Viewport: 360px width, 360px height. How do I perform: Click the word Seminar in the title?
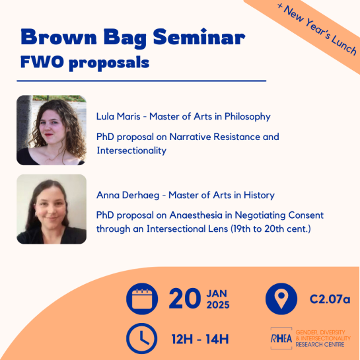(199, 37)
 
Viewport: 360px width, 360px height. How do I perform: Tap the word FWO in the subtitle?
(42, 61)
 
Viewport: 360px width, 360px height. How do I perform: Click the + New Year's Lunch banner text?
(317, 29)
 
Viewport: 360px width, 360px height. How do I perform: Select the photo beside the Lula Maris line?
(52, 130)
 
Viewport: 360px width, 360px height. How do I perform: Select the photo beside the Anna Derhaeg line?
(52, 209)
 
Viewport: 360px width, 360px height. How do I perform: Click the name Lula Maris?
(118, 116)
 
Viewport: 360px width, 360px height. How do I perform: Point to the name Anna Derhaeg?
(127, 195)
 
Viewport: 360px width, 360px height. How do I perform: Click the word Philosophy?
(247, 117)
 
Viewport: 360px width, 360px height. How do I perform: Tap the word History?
(259, 196)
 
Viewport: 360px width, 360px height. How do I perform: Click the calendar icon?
(142, 299)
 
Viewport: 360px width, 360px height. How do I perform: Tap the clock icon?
(142, 338)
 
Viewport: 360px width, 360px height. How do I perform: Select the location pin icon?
(281, 299)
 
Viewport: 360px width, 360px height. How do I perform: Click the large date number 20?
(184, 299)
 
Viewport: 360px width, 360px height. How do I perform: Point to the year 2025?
(218, 305)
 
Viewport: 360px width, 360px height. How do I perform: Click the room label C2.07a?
(330, 299)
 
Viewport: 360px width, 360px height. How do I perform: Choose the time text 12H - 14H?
(200, 339)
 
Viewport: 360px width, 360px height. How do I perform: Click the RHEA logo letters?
(281, 339)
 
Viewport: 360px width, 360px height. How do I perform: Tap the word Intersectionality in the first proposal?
(131, 151)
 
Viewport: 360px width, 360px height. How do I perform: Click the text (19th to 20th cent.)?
(271, 229)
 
